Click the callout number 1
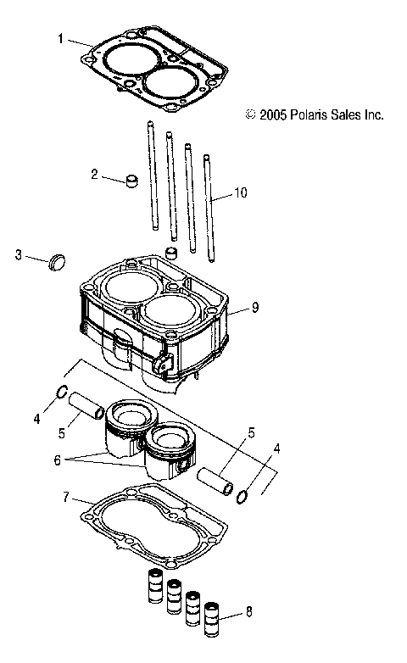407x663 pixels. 60,38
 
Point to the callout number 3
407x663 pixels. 18,254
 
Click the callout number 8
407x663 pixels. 248,610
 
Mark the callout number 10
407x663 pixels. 241,193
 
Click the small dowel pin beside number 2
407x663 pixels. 131,181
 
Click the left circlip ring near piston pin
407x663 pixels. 62,392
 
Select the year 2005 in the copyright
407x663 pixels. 270,114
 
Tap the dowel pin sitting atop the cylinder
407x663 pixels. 172,254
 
